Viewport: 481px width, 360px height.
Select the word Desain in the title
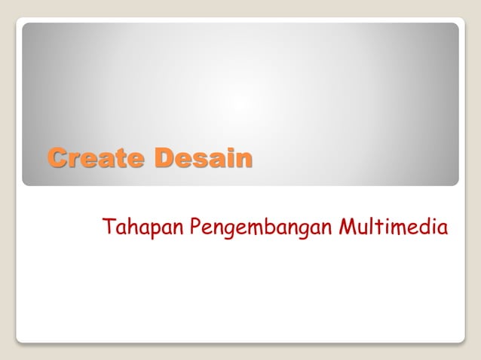tap(204, 159)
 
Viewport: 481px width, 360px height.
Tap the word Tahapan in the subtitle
tap(143, 227)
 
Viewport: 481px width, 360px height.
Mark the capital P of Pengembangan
tap(195, 226)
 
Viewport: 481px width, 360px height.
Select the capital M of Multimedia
tap(347, 226)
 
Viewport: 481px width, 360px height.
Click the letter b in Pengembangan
tap(269, 226)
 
